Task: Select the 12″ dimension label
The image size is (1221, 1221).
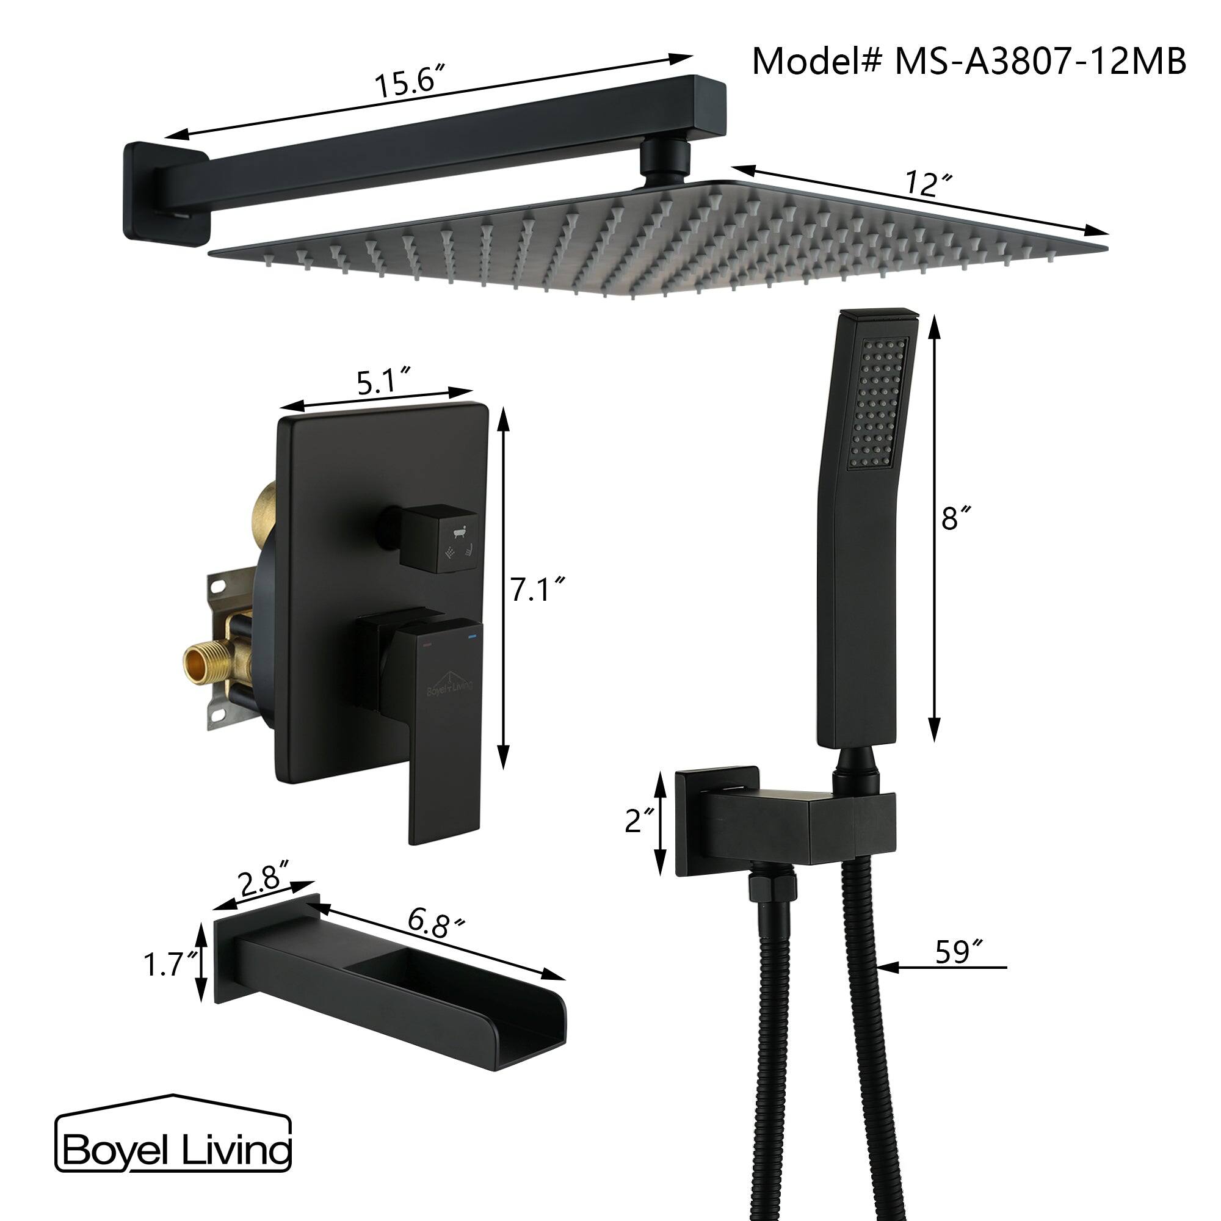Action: (928, 184)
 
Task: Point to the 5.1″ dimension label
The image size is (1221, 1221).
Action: (384, 382)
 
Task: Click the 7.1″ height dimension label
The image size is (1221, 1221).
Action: (537, 591)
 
